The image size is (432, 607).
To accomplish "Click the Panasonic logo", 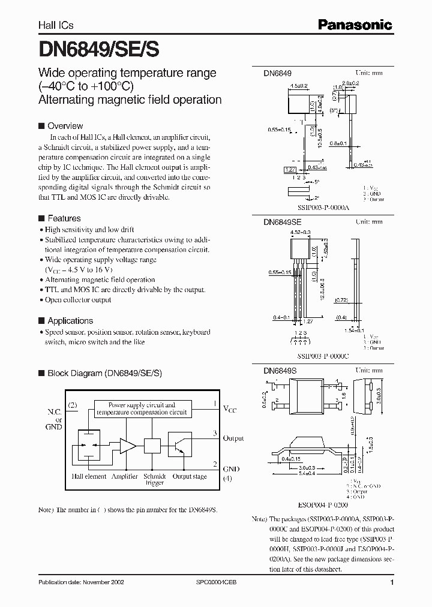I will pyautogui.click(x=355, y=25).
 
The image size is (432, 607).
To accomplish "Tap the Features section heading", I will pyautogui.click(x=64, y=218).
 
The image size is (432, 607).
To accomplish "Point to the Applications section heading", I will pyautogui.click(x=70, y=320).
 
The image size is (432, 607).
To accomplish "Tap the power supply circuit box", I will pyautogui.click(x=142, y=409).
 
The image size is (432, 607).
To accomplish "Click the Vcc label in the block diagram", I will pyautogui.click(x=230, y=408).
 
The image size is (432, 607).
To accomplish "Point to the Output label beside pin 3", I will pyautogui.click(x=233, y=438).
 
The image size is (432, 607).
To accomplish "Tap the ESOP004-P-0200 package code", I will pyautogui.click(x=315, y=505).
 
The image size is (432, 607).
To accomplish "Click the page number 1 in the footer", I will pyautogui.click(x=392, y=582).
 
